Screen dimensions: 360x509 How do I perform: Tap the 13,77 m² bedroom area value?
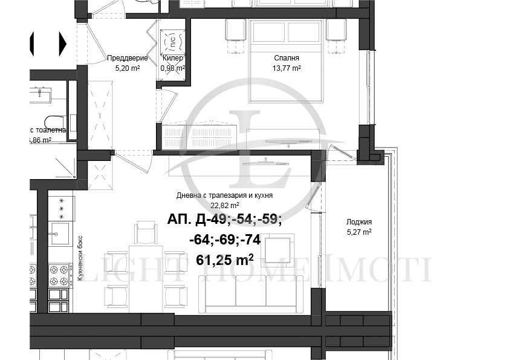pos(287,68)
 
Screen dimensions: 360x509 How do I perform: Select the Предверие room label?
pos(128,58)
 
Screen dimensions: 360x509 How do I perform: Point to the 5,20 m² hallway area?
pos(128,68)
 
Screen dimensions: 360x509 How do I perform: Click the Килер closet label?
pos(172,58)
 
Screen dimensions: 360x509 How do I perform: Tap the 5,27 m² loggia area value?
pos(359,231)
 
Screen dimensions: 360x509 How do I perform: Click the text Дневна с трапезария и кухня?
pos(224,195)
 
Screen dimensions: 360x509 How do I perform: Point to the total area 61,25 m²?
pos(225,260)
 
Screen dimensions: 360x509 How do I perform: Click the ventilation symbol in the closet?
pos(172,41)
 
